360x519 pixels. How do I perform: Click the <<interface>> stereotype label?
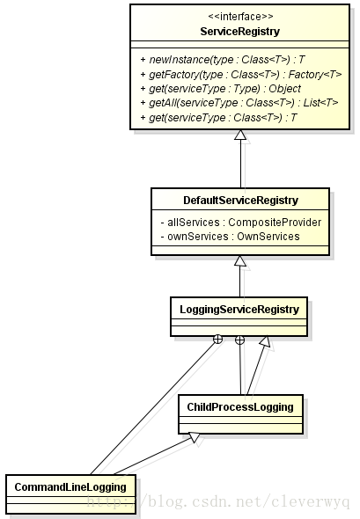coord(240,16)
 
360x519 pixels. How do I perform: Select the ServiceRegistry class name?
coord(240,32)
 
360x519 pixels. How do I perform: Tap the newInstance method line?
coord(222,60)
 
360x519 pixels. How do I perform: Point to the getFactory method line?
coord(241,75)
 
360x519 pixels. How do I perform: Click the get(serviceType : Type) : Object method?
coord(221,89)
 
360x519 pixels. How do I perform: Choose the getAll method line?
coord(239,103)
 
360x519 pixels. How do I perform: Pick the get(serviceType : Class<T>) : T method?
coord(218,118)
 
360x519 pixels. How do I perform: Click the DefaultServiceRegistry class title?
coord(241,201)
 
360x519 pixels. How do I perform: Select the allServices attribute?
coord(241,222)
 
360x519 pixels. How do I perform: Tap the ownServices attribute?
coord(231,237)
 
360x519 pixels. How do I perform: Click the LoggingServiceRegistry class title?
coord(239,310)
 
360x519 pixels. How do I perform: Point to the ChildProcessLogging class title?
coord(240,406)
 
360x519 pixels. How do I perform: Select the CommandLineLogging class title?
coord(70,487)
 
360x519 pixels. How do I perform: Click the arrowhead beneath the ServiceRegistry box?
coord(240,135)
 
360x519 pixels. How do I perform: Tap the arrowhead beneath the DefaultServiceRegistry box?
coord(240,260)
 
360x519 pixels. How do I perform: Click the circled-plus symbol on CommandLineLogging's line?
coord(217,340)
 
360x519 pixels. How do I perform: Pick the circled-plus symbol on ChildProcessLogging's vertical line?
coord(239,340)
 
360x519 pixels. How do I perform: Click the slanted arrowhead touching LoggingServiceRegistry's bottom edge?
coord(264,341)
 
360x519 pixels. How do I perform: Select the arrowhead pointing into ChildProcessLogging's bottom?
coord(195,437)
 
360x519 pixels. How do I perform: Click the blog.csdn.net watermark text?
coord(218,501)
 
